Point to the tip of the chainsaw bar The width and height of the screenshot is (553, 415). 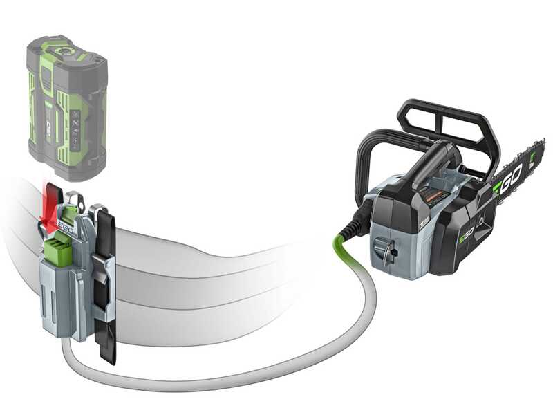(540, 149)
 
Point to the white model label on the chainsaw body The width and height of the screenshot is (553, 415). (423, 219)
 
